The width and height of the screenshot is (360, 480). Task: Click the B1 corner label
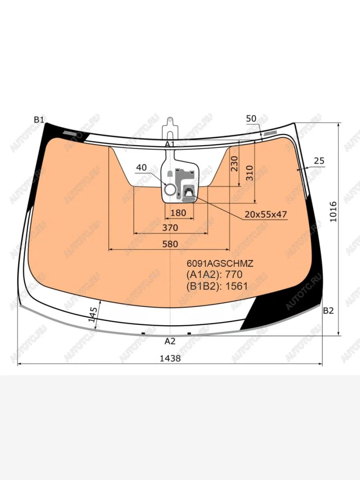(39, 120)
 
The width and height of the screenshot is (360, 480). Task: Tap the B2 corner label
(328, 310)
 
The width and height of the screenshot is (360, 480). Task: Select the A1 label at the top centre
(170, 144)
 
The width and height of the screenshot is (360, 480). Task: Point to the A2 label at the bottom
(170, 341)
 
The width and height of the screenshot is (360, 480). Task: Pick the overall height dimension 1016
(333, 212)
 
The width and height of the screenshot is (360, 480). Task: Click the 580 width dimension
(170, 244)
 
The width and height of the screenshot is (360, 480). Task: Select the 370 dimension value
(170, 228)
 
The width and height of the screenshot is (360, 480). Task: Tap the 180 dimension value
(178, 213)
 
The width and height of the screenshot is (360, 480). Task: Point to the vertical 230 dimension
(234, 164)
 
